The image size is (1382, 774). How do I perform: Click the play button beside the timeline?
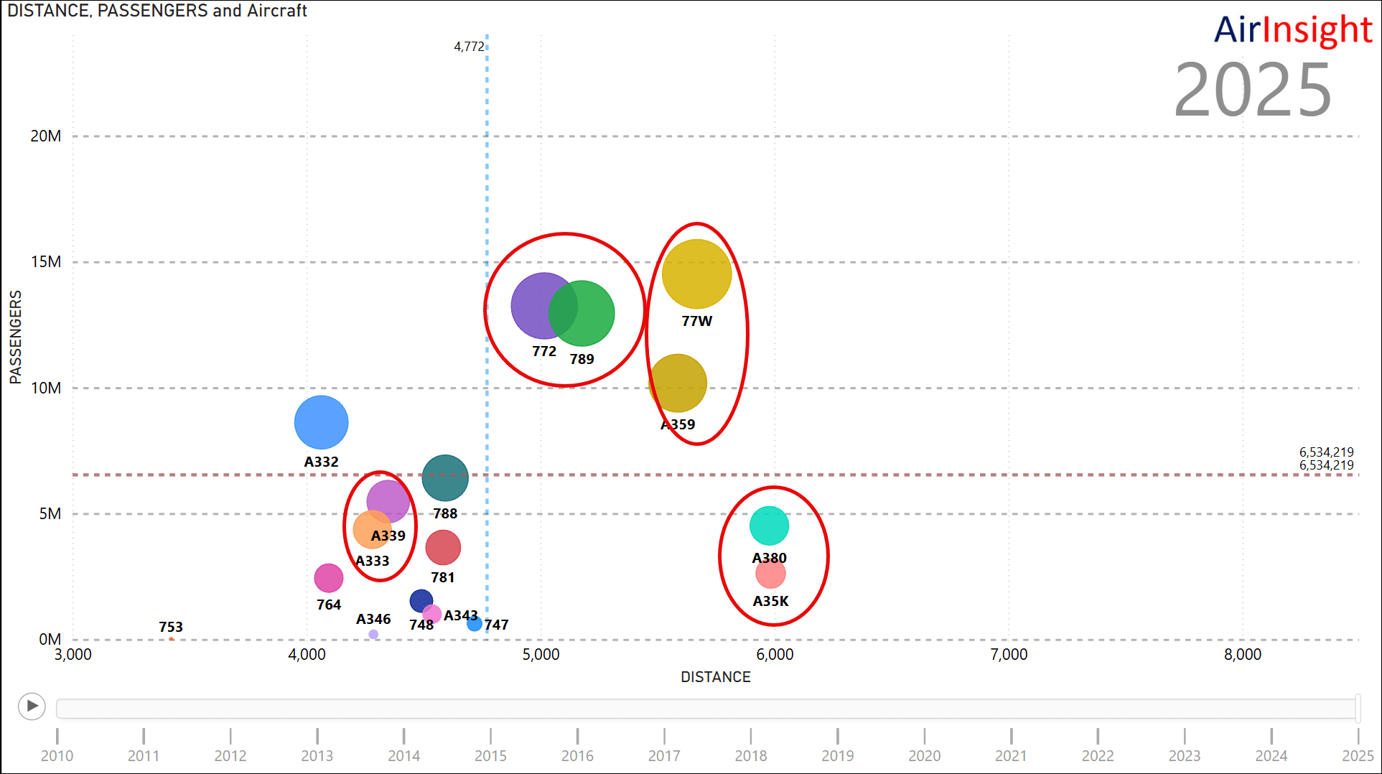[32, 706]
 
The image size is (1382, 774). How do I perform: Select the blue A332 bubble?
[321, 423]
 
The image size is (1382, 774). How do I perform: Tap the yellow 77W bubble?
[696, 274]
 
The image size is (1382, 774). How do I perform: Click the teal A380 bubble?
[769, 526]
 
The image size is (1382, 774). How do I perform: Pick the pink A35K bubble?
[770, 574]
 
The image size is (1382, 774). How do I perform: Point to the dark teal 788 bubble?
[445, 477]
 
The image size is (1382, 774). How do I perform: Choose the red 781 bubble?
[443, 548]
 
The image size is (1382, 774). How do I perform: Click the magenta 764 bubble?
[328, 578]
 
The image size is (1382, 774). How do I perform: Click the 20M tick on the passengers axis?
[46, 136]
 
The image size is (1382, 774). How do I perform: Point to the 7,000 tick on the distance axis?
[1009, 654]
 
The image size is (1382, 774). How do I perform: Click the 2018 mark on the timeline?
[751, 755]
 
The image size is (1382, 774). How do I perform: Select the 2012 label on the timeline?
[230, 755]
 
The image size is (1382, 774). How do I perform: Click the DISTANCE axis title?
[715, 677]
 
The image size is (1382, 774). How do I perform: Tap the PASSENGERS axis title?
[16, 337]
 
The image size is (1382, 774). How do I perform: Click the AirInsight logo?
[1292, 30]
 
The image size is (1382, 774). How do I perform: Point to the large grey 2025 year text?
[1252, 90]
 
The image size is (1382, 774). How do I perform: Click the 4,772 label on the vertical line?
[469, 47]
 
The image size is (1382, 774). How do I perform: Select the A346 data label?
[373, 619]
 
